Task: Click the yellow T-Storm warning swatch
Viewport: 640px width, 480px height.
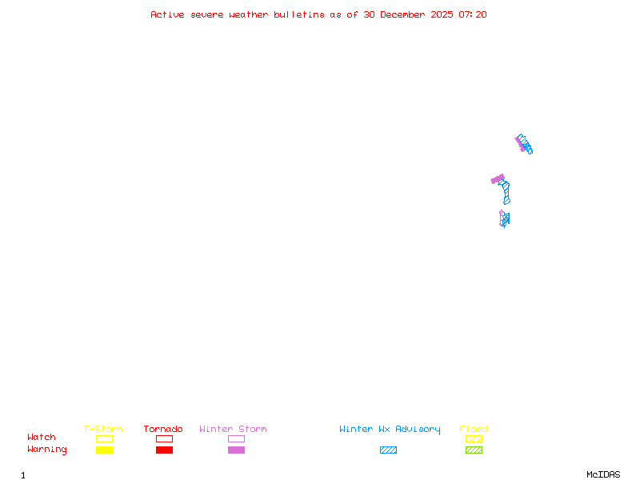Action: click(104, 450)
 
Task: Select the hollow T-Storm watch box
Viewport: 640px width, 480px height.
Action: click(104, 438)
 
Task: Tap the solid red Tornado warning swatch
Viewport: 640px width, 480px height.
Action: click(164, 450)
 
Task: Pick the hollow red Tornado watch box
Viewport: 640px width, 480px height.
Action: click(164, 438)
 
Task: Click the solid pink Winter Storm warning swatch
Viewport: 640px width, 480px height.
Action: click(236, 450)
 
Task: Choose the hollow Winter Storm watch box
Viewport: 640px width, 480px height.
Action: click(236, 438)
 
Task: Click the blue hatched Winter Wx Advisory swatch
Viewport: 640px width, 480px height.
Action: click(388, 450)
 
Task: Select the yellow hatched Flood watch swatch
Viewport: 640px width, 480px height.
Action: click(474, 438)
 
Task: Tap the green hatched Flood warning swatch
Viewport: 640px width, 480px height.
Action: click(474, 450)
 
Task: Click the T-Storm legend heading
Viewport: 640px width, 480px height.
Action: click(103, 429)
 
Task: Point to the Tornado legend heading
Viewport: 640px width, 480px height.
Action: click(163, 429)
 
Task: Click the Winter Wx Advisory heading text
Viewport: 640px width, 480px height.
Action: click(390, 429)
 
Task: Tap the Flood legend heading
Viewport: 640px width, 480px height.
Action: click(474, 429)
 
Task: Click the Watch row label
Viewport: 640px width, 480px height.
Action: click(42, 438)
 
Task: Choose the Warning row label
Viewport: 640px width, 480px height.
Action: click(46, 450)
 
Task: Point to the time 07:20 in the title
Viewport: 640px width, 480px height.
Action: click(472, 14)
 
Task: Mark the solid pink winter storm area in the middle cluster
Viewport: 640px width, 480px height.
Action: click(498, 179)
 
